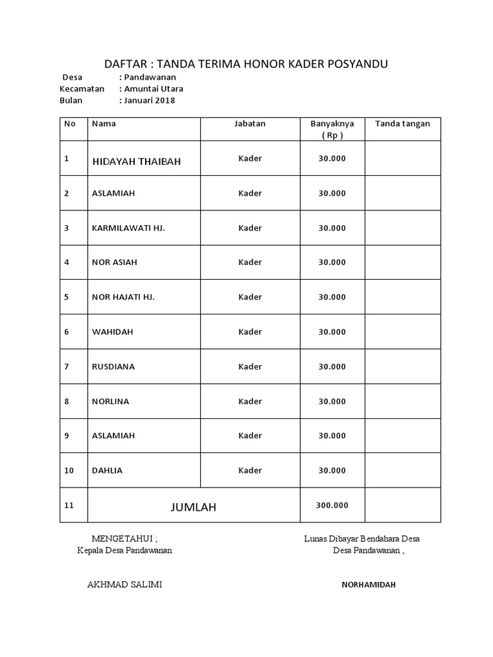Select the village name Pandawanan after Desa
(x=150, y=77)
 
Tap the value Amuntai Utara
(x=153, y=89)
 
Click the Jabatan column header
(x=250, y=123)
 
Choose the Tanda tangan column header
(x=402, y=123)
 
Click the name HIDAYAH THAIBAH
(x=137, y=162)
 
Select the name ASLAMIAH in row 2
(x=114, y=193)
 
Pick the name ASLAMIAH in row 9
(x=114, y=436)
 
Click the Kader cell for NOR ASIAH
(x=250, y=262)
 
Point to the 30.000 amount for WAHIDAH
(x=332, y=332)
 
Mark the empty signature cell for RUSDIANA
(x=402, y=366)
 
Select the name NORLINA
(x=110, y=401)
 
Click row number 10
(x=69, y=470)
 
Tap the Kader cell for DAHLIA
(x=250, y=470)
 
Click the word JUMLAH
(x=193, y=508)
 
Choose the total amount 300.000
(x=332, y=506)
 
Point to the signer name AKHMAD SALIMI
(x=125, y=584)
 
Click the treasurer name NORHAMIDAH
(x=368, y=585)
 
